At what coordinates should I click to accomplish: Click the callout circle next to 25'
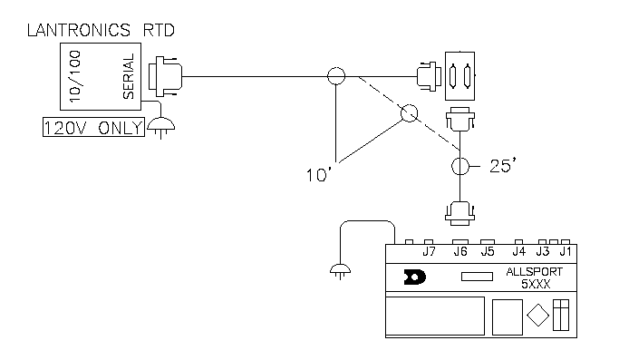(x=459, y=167)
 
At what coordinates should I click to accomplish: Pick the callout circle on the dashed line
(x=409, y=114)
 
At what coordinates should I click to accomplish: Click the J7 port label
(x=430, y=251)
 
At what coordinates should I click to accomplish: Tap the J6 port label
(x=460, y=251)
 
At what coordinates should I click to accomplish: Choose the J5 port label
(x=488, y=251)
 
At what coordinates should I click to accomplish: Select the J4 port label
(x=518, y=251)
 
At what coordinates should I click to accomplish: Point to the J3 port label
(x=543, y=251)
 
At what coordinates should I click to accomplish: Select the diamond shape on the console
(x=537, y=317)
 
